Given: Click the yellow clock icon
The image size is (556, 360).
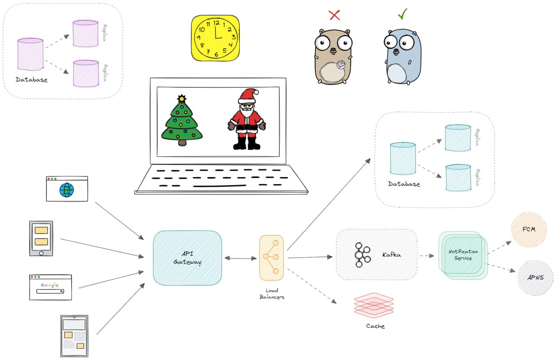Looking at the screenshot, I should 215,38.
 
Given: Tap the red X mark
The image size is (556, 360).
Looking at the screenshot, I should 334,15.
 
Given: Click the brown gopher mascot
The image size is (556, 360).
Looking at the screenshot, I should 333,56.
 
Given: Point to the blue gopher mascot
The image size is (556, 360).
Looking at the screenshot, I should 402,56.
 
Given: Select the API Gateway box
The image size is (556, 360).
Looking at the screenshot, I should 188,258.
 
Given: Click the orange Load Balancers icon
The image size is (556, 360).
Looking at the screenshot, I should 271,258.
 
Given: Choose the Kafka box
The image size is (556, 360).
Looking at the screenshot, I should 376,254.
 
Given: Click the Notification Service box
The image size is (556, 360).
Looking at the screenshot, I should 463,255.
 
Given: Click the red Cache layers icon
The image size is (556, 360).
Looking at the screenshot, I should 374,305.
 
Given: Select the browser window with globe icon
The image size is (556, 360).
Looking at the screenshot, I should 67,189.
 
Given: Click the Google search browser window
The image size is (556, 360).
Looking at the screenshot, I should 50,287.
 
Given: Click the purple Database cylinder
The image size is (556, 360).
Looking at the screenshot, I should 30,54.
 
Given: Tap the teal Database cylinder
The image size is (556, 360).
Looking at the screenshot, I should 402,159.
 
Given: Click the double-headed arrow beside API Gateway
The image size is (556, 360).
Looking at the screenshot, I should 240,258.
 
